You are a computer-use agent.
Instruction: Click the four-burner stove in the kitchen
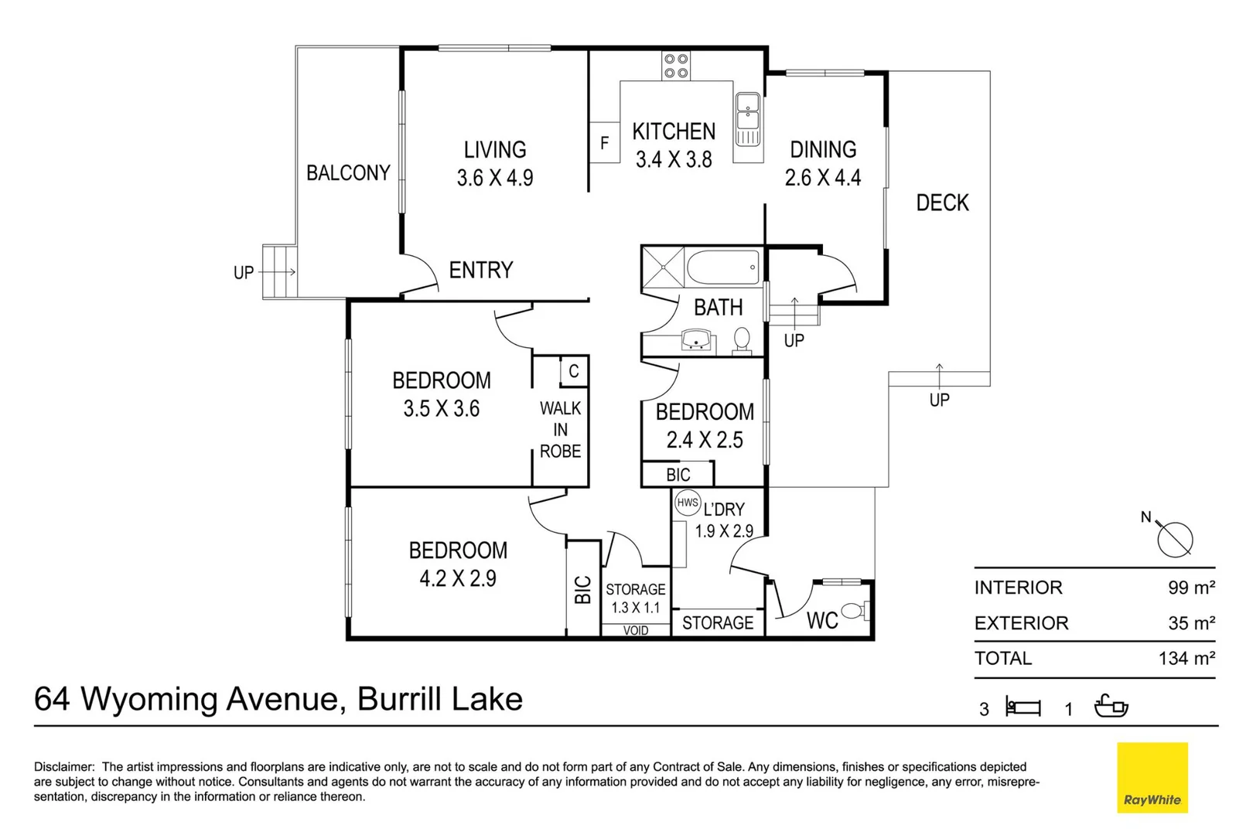click(676, 66)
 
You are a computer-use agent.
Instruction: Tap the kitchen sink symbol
click(747, 118)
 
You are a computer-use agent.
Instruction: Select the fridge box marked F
click(605, 143)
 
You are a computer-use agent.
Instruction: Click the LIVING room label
click(495, 149)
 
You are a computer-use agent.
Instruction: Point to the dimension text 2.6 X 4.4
click(823, 178)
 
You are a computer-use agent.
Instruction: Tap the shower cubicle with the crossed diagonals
click(663, 268)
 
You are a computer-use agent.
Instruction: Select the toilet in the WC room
click(853, 611)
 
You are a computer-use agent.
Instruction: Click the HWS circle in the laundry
click(688, 503)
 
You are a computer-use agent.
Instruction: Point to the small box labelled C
click(574, 371)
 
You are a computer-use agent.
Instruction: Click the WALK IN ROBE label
click(561, 429)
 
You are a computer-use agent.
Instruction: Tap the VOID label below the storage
click(636, 631)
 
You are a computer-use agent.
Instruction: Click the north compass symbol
click(1175, 539)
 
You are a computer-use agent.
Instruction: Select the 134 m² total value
click(1186, 659)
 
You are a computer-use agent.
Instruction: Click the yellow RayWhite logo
click(1152, 777)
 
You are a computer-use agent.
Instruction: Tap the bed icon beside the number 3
click(1023, 707)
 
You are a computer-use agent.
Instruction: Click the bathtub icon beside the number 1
click(1111, 706)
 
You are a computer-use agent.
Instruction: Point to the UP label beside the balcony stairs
click(244, 273)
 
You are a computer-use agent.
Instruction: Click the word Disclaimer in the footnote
click(63, 767)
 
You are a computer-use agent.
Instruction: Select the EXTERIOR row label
click(1021, 623)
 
